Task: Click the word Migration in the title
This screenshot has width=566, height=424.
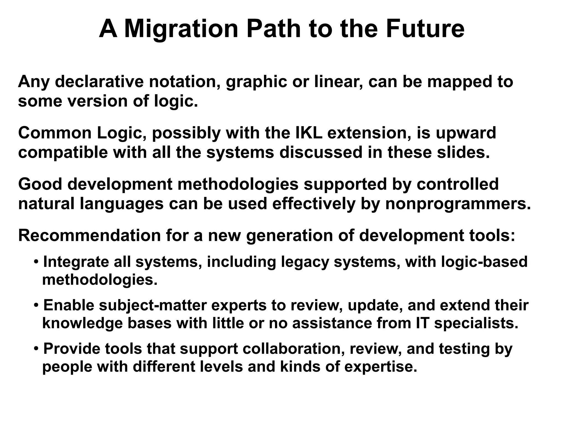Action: point(181,29)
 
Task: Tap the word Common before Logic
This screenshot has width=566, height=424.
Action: point(55,133)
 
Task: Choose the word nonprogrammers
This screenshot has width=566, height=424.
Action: point(458,204)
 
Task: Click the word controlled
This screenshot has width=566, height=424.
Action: point(457,184)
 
